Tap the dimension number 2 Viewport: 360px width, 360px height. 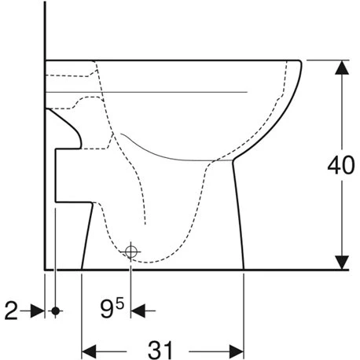pyautogui.click(x=10, y=311)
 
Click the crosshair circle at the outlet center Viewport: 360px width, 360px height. pyautogui.click(x=131, y=251)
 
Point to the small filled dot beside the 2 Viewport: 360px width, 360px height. pyautogui.click(x=55, y=311)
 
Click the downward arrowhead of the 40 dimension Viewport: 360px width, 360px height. pyautogui.click(x=340, y=262)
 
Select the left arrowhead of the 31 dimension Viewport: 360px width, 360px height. pyautogui.click(x=90, y=347)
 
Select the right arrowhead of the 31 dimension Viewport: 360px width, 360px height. pyautogui.click(x=237, y=347)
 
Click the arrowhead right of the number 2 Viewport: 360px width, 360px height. pyautogui.click(x=38, y=311)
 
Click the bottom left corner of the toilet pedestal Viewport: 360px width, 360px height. pyautogui.click(x=83, y=269)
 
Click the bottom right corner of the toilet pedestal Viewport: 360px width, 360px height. pyautogui.click(x=245, y=269)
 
